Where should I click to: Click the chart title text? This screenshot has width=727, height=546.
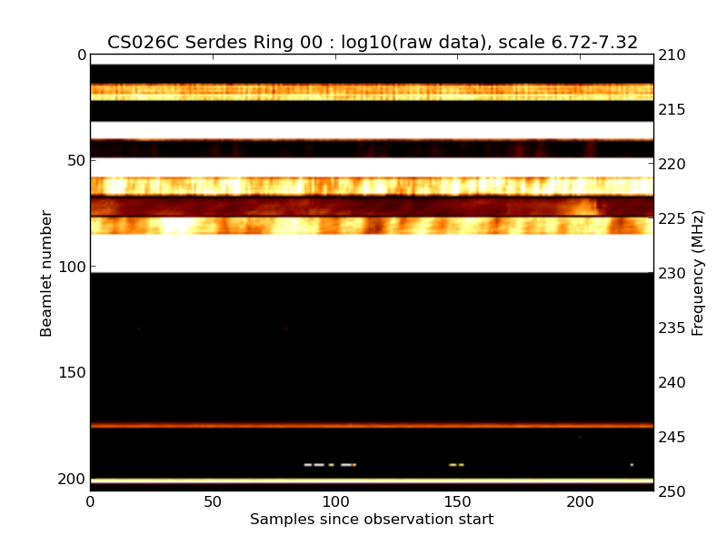click(x=373, y=43)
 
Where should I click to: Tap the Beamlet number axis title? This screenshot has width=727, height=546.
click(x=46, y=273)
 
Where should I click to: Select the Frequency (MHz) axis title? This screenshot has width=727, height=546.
click(x=698, y=273)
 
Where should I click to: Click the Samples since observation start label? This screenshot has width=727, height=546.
click(x=372, y=520)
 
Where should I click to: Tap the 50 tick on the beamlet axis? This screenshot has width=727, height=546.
click(x=77, y=161)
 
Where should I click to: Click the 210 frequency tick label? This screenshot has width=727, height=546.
click(x=673, y=56)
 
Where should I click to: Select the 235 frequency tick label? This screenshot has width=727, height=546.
click(x=673, y=328)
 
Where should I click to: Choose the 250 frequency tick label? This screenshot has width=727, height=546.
click(x=673, y=491)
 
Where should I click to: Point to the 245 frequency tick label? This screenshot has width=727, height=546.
click(x=673, y=437)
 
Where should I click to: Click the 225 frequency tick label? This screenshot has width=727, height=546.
click(x=673, y=218)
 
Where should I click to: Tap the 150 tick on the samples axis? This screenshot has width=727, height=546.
click(x=458, y=501)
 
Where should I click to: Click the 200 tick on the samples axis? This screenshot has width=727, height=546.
click(x=580, y=501)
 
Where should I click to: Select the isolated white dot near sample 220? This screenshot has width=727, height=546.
click(x=632, y=465)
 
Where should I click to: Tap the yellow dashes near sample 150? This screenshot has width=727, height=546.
click(x=456, y=465)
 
